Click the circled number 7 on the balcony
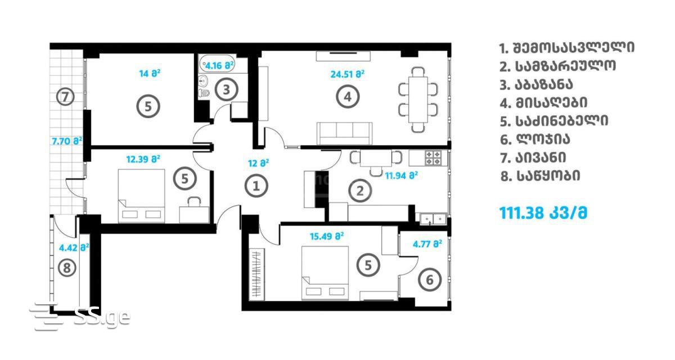[65, 97]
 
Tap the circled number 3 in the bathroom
[226, 89]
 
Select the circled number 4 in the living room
[348, 97]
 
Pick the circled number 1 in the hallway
[256, 186]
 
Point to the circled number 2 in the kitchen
[360, 191]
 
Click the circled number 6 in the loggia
[430, 280]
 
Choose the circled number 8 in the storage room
[67, 268]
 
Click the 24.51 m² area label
[348, 74]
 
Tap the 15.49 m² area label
[327, 236]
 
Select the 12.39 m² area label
[143, 159]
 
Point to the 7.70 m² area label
[67, 141]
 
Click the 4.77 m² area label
[427, 244]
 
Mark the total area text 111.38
[521, 213]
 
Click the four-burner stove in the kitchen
[433, 158]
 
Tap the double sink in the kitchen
[433, 218]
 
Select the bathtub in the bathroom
[217, 63]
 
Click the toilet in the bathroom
[204, 93]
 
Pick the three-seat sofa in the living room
[344, 133]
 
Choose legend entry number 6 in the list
[535, 139]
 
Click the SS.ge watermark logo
[80, 316]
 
